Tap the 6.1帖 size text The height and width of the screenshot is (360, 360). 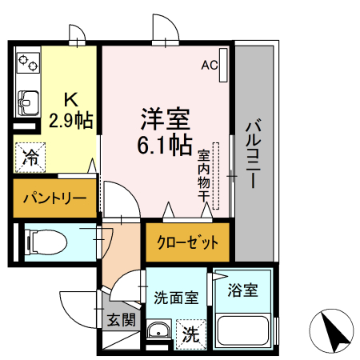pos(164,147)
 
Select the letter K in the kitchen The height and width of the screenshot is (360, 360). pos(70,100)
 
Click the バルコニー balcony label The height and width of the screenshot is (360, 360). pos(253,154)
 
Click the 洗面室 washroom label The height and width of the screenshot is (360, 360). pos(176,296)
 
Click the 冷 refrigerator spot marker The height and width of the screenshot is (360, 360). pos(30,156)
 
